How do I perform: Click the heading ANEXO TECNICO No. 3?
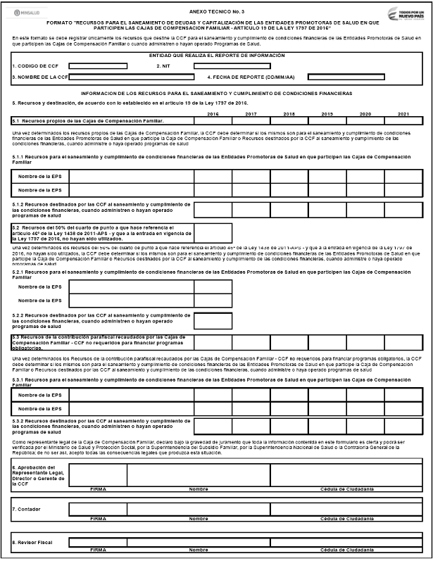pos(217,12)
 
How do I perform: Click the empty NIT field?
pos(232,66)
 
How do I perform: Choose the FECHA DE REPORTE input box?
pos(346,77)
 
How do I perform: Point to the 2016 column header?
pos(213,114)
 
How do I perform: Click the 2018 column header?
pos(289,114)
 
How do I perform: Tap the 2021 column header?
pos(402,114)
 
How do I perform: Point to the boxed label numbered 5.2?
pos(102,234)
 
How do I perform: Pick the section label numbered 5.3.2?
pos(101,425)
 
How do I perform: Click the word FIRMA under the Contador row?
pos(98,519)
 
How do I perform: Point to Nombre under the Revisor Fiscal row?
pos(199,549)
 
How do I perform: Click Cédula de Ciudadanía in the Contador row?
pos(346,519)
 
